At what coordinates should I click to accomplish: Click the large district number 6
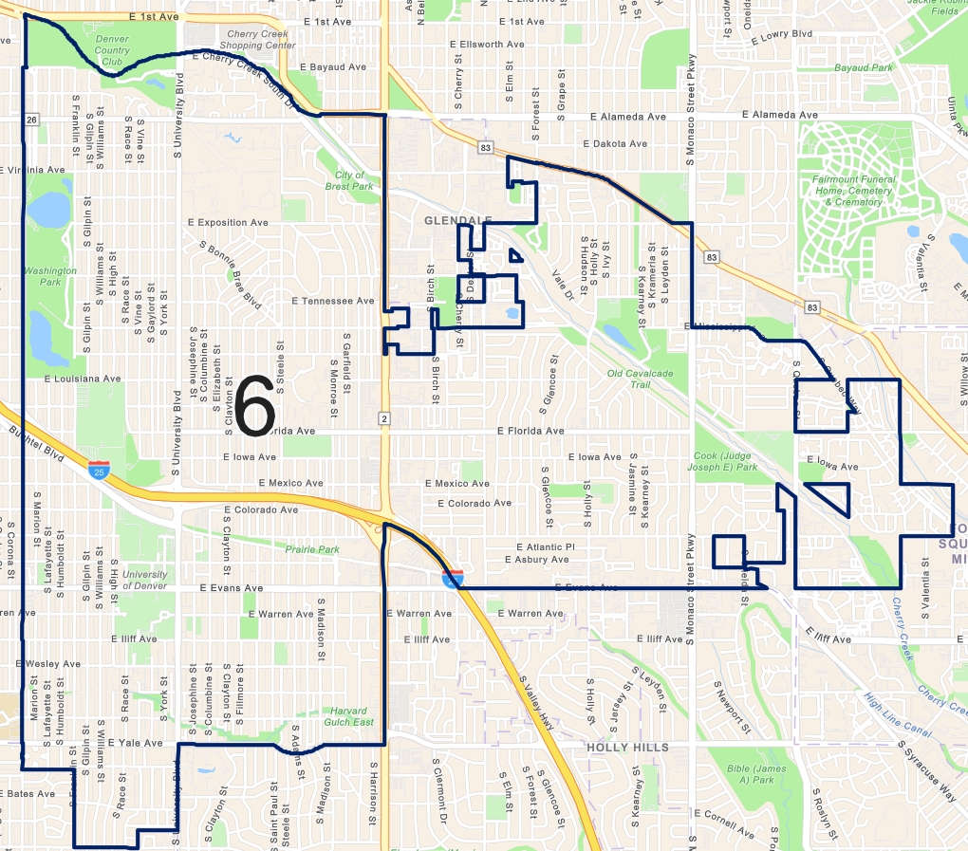point(253,406)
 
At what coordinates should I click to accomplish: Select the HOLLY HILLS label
point(627,748)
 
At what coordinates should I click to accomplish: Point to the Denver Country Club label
point(112,50)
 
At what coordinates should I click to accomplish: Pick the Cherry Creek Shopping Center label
point(255,40)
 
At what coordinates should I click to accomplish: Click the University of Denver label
point(144,580)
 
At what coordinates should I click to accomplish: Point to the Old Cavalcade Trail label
point(641,379)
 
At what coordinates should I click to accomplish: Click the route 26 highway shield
point(32,120)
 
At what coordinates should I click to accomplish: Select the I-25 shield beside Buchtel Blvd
point(99,469)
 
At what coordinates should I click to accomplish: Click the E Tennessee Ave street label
point(333,301)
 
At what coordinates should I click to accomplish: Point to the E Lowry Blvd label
point(782,34)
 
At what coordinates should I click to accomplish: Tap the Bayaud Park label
point(864,68)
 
